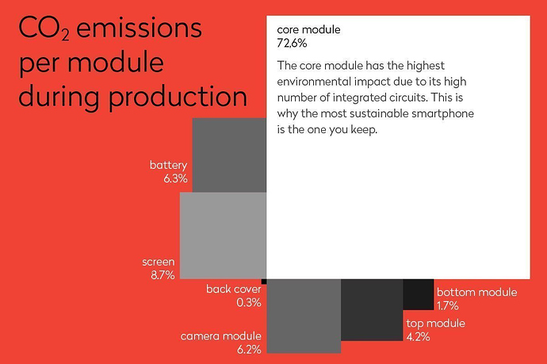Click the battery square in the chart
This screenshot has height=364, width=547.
pyautogui.click(x=229, y=155)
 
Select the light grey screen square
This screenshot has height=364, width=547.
pyautogui.click(x=224, y=236)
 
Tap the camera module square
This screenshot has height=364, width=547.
pyautogui.click(x=304, y=316)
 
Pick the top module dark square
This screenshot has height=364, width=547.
pyautogui.click(x=372, y=310)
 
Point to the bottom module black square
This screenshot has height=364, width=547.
pyautogui.click(x=419, y=294)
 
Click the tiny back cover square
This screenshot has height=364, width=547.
pyautogui.click(x=264, y=282)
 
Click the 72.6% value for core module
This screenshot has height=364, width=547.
pyautogui.click(x=292, y=44)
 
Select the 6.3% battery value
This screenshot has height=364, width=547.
pyautogui.click(x=175, y=178)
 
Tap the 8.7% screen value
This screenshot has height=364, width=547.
pyautogui.click(x=163, y=275)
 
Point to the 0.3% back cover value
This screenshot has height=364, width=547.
pyautogui.click(x=249, y=302)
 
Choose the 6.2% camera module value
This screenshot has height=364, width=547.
pyautogui.click(x=249, y=350)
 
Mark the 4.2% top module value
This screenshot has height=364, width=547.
pyautogui.click(x=418, y=337)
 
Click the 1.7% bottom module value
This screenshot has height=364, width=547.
pyautogui.click(x=448, y=306)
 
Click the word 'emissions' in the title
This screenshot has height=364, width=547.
pyautogui.click(x=139, y=28)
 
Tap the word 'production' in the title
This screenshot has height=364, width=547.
pyautogui.click(x=178, y=98)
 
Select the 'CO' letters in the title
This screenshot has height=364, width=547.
pyautogui.click(x=40, y=28)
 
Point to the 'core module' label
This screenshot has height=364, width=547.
pyautogui.click(x=308, y=29)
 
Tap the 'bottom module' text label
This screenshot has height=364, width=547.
pyautogui.click(x=477, y=292)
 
